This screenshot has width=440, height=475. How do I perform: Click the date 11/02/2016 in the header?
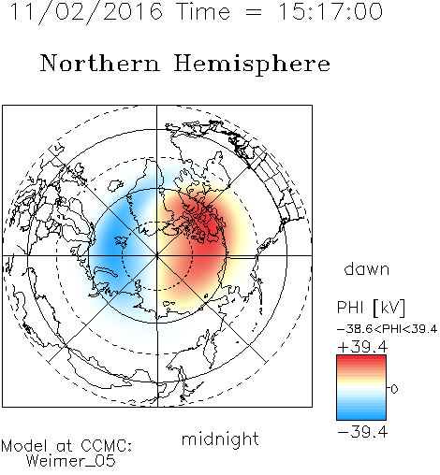point(86,12)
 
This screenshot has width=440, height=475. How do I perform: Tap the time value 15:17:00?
point(330,12)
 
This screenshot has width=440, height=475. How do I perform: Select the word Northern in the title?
point(100,64)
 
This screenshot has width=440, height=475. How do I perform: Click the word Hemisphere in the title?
point(252,64)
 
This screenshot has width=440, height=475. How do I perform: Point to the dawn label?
point(367,268)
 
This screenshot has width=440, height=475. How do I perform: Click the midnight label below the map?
point(220,439)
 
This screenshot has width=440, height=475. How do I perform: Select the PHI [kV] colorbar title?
point(371,308)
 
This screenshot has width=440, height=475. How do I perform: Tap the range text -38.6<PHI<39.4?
point(387,329)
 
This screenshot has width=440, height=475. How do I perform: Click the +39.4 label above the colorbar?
point(362,347)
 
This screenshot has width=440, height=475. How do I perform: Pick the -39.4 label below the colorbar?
point(362,432)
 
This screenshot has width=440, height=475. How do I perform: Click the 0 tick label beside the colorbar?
point(394,389)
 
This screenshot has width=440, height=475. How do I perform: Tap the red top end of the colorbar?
point(361,358)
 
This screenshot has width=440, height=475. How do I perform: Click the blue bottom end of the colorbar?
point(361,417)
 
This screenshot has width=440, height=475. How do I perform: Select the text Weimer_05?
point(71,460)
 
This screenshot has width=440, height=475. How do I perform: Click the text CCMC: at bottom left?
point(107,446)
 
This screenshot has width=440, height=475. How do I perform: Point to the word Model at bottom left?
point(24,446)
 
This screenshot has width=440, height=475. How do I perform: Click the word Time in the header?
point(203,12)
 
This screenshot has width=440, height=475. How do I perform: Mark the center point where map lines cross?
point(157,255)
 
